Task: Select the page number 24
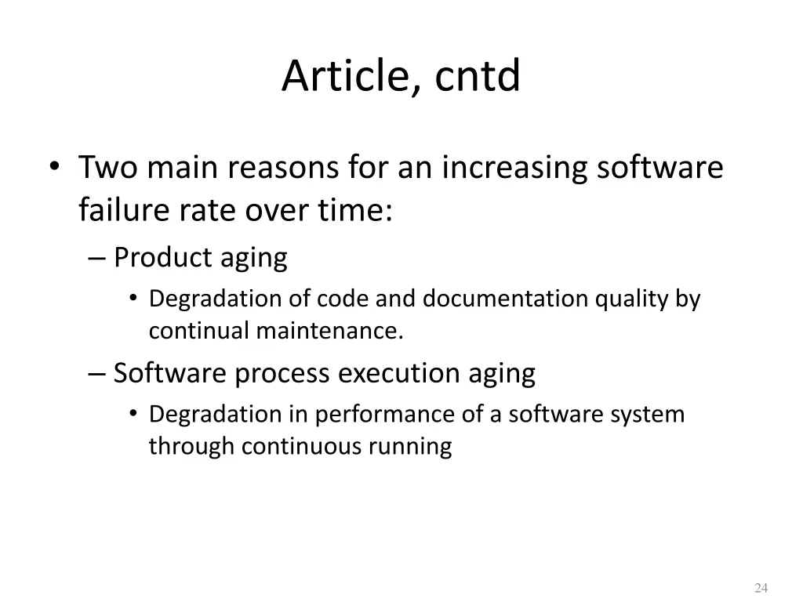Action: tap(760, 589)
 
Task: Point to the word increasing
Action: tap(508, 168)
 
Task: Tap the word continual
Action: tap(199, 332)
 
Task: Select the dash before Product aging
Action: tap(98, 257)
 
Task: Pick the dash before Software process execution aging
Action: tap(98, 373)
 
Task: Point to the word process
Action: tap(283, 373)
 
